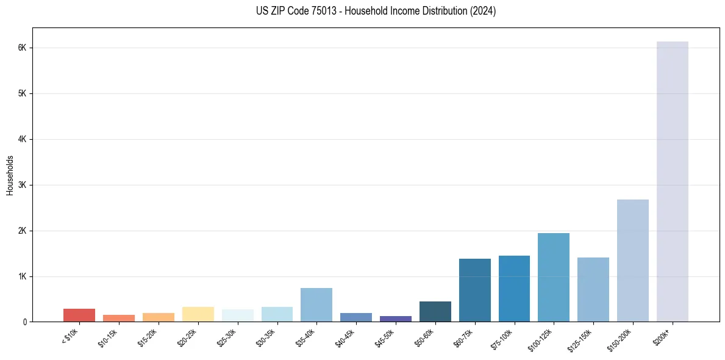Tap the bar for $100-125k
(x=554, y=277)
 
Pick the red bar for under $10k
(x=79, y=315)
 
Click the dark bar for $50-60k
(x=435, y=311)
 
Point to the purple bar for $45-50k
(x=395, y=319)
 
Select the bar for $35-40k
(x=316, y=304)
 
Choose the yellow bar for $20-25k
(x=198, y=314)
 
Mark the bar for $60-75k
(x=474, y=290)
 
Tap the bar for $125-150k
(x=593, y=289)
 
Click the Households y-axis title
(x=10, y=175)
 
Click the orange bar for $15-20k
(x=158, y=317)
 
